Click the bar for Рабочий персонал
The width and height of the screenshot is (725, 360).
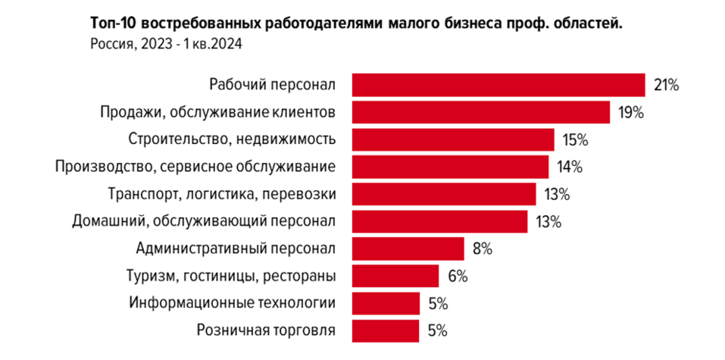[x=498, y=85]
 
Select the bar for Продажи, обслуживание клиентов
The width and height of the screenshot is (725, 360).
[x=481, y=112]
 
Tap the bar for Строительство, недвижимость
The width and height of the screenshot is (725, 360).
[x=453, y=139]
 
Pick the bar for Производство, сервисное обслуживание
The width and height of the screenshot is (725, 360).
[x=450, y=167]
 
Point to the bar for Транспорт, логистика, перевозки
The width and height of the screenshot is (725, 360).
[x=445, y=194]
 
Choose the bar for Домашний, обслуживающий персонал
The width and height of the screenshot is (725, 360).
[x=440, y=221]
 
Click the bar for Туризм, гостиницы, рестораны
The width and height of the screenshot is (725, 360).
[x=395, y=276]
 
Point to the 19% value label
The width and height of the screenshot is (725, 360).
[x=630, y=113]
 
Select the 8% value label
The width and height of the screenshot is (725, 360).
[x=483, y=249]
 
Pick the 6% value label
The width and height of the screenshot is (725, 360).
[x=458, y=276]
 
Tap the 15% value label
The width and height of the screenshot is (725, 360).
[x=576, y=140]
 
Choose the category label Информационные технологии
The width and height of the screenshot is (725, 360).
[x=232, y=303]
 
